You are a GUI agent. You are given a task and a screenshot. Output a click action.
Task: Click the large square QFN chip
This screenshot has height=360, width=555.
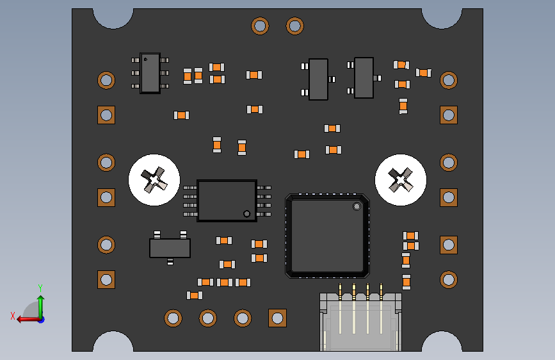pos(327,236)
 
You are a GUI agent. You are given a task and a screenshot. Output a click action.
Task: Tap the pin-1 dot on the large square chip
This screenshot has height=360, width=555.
pos(357,206)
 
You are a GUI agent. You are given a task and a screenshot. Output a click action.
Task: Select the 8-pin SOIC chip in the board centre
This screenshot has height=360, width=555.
pos(227,200)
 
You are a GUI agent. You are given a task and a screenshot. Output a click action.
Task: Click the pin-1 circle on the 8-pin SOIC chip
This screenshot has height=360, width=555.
pos(246,213)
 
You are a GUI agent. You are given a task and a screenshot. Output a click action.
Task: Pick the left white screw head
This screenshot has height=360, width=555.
pos(154,180)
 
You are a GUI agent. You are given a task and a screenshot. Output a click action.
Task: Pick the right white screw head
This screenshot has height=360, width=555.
pos(401,180)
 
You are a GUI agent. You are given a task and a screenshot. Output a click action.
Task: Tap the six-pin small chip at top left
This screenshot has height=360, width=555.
pos(150,73)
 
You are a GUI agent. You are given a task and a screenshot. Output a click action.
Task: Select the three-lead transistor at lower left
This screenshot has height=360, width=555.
pos(170,248)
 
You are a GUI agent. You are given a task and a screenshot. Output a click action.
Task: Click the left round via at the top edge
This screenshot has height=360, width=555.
pos(260,26)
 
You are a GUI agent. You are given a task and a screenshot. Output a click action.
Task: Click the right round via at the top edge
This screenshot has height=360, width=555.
pos(294,26)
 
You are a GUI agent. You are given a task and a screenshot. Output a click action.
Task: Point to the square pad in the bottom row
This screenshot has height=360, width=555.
pos(277,318)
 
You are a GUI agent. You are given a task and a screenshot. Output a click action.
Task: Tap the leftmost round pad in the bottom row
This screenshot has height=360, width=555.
pos(173,318)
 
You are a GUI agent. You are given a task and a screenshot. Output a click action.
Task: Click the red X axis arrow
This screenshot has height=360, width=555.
pos(24,318)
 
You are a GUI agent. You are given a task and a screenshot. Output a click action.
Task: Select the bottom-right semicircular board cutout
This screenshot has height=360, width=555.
pos(442,343)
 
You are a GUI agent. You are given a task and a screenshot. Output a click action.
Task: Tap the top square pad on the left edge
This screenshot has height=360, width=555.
pos(106,115)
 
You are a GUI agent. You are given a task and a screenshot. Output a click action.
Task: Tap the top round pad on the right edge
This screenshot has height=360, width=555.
pos(449,80)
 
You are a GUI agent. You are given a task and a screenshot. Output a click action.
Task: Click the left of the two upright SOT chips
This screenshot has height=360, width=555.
pos(318,79)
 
